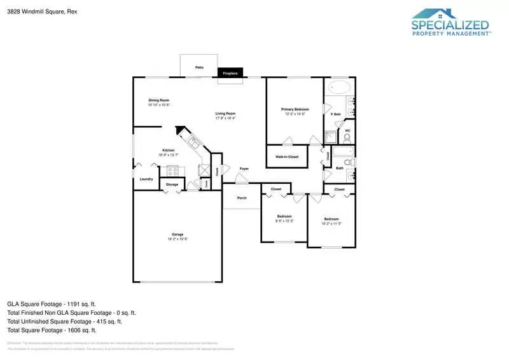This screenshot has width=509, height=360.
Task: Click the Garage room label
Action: click(178, 234)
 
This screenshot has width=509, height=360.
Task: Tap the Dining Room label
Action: click(159, 100)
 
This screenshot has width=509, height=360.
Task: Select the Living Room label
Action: click(225, 113)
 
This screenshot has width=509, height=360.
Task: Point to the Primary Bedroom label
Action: click(295, 109)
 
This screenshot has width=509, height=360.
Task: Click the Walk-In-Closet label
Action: click(287, 156)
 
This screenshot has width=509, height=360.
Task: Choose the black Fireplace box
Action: click(230, 73)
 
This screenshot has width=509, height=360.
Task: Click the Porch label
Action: click(242, 198)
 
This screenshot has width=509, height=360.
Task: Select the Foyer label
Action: click(244, 169)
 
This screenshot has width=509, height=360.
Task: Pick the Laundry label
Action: click(146, 179)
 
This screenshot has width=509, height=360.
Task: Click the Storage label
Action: click(172, 184)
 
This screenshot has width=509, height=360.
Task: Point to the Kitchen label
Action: click(168, 151)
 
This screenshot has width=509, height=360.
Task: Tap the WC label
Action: click(347, 131)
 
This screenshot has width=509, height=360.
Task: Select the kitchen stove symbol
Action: click(172, 170)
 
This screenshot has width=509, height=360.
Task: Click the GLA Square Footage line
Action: click(52, 304)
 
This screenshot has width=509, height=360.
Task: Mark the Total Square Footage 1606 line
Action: click(52, 330)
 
